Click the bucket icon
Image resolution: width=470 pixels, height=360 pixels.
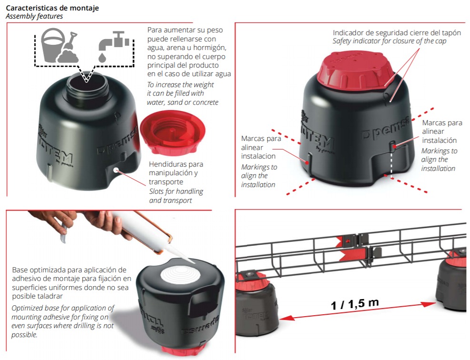(x=53, y=45)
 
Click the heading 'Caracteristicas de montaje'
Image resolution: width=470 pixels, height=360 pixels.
(x=52, y=8)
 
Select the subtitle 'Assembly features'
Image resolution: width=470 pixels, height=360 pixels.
(x=34, y=16)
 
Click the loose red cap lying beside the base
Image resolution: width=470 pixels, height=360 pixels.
(x=173, y=132)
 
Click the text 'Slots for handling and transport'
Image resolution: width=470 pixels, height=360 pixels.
(x=176, y=196)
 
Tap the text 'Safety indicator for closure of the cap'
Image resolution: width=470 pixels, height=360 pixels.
(x=389, y=41)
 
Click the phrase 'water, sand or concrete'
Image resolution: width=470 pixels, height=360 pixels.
(x=182, y=102)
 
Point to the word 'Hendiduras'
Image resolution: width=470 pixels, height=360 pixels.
(x=167, y=164)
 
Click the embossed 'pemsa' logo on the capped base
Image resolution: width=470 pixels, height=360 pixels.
(x=385, y=128)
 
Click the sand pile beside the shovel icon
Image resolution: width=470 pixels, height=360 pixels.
(x=68, y=56)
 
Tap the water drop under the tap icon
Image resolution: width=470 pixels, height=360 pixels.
(x=102, y=57)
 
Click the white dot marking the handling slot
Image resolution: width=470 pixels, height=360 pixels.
(x=116, y=170)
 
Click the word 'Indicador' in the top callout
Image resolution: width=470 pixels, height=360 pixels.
(x=347, y=33)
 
